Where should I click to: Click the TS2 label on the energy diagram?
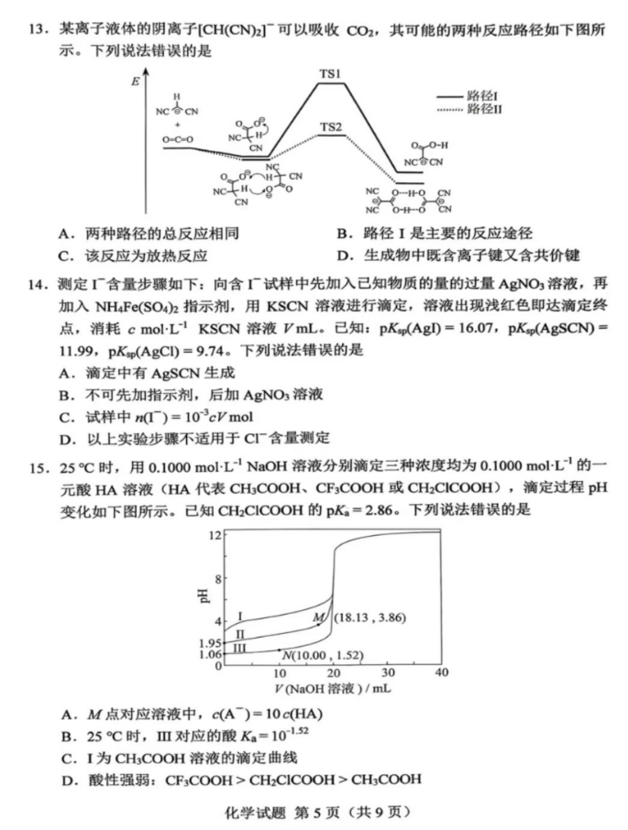pyautogui.click(x=331, y=126)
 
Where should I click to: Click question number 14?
pyautogui.click(x=27, y=274)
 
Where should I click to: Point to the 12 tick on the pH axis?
pyautogui.click(x=215, y=534)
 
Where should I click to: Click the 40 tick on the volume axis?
pyautogui.click(x=441, y=672)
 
